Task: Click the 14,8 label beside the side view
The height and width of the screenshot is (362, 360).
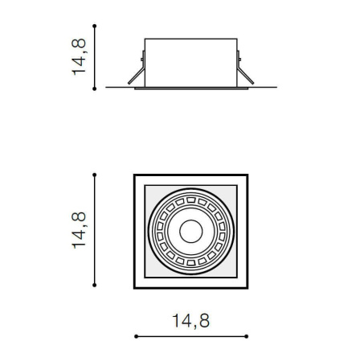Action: (79, 57)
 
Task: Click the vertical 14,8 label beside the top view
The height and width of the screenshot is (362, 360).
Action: (79, 230)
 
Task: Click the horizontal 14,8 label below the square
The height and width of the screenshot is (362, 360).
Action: (190, 321)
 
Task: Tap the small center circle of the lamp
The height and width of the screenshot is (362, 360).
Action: (190, 231)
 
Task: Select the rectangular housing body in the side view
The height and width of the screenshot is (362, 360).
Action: (190, 63)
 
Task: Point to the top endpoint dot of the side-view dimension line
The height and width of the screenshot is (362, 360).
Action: (94, 26)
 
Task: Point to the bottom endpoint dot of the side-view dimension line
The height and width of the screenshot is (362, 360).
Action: (94, 88)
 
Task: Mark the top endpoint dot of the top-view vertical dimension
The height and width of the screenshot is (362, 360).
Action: (94, 175)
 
